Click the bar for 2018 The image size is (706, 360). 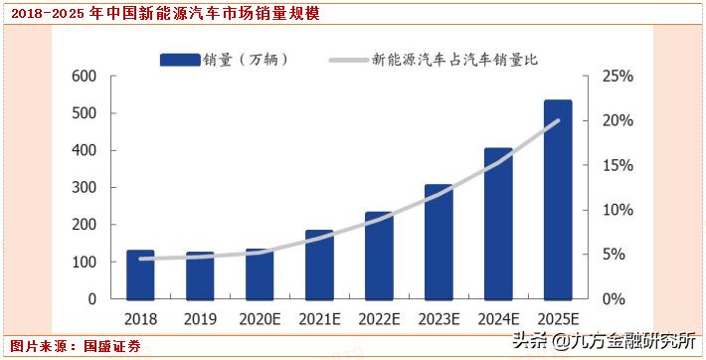140,274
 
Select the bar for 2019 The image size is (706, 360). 200,275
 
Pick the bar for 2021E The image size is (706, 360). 319,265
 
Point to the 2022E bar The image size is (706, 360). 379,256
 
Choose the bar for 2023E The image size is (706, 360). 439,242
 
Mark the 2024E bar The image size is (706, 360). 498,224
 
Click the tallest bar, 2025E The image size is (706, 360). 558,199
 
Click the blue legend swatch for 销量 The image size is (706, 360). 181,60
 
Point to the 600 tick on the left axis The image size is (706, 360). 84,77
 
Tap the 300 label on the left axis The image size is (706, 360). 84,188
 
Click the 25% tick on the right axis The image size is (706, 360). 617,77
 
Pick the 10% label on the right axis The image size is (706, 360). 617,210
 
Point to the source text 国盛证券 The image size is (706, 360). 111,346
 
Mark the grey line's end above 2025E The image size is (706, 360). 558,121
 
